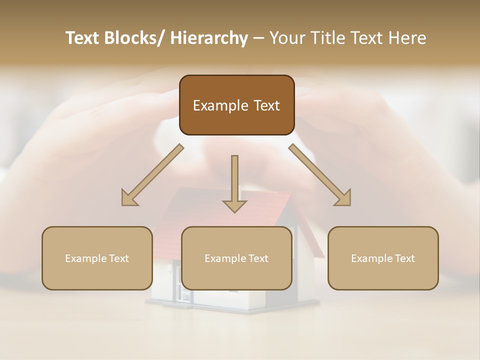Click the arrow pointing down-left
tap(152, 175)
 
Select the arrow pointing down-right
tap(320, 175)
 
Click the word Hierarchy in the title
tap(209, 38)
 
